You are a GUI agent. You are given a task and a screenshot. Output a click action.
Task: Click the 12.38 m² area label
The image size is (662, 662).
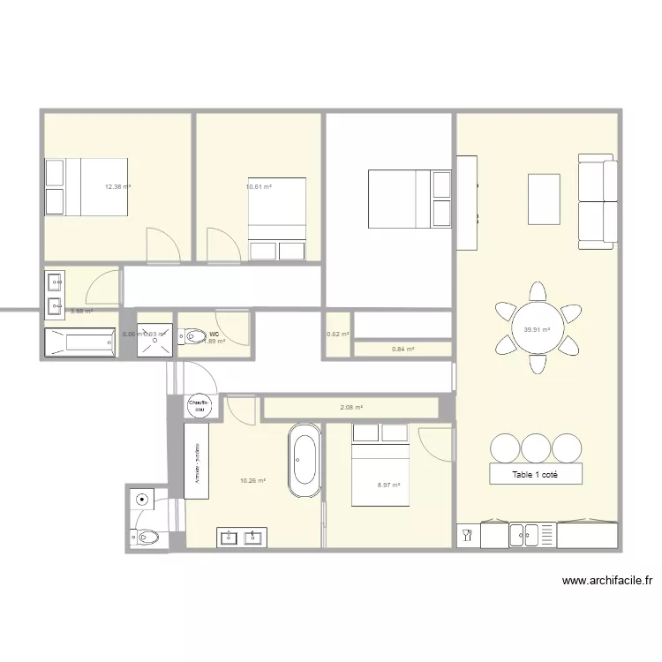(117, 187)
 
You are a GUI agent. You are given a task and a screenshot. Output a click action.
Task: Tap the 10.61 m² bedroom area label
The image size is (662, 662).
(258, 187)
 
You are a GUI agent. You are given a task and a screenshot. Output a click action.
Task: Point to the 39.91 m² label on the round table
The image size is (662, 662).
(537, 330)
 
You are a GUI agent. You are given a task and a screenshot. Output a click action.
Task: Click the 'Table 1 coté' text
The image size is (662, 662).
(536, 474)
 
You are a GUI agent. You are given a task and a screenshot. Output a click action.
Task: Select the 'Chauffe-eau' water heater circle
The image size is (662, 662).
(198, 405)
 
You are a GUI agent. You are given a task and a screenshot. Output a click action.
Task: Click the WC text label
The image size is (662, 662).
(214, 334)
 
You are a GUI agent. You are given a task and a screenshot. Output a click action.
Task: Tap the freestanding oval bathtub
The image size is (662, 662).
(305, 461)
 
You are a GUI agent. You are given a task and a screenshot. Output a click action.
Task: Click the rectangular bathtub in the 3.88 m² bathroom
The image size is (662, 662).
(79, 342)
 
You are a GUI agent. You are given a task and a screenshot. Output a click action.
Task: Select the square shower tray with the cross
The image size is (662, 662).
(154, 335)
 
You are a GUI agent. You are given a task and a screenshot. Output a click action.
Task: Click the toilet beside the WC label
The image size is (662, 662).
(192, 335)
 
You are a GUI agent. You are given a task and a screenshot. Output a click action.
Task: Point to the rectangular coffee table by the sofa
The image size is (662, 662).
(544, 199)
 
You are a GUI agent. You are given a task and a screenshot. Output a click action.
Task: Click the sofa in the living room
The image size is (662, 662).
(597, 199)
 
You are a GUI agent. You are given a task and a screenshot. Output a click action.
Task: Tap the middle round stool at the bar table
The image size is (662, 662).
(536, 448)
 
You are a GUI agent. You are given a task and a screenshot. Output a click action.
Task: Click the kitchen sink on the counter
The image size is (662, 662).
(524, 534)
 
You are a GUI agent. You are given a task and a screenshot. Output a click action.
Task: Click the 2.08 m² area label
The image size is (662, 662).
(352, 408)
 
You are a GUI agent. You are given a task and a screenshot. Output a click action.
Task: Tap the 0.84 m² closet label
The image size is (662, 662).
(403, 350)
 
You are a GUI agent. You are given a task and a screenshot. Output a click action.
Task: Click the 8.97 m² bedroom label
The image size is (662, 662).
(388, 485)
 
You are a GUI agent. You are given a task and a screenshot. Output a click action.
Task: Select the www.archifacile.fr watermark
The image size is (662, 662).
(606, 582)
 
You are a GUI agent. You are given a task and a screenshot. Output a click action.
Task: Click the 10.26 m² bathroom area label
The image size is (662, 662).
(252, 481)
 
